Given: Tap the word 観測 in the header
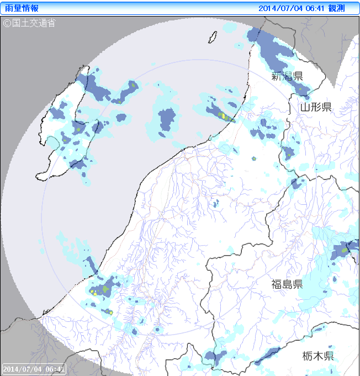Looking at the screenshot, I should point(337,8).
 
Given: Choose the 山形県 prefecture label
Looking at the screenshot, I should point(315,107).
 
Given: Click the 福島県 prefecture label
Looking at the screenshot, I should point(287,284).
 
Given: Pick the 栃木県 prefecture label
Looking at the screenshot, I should point(317,356).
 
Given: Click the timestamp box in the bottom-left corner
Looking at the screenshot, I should point(34,368).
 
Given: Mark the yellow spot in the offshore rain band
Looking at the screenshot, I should point(223,116).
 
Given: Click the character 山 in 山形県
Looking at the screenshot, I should point(304,107).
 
